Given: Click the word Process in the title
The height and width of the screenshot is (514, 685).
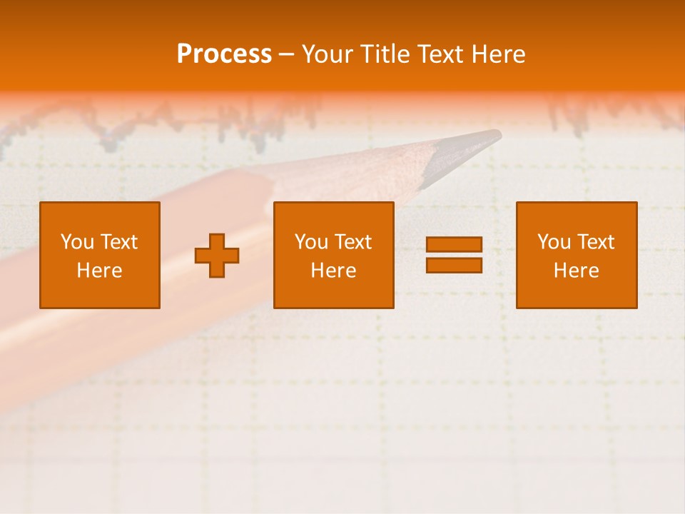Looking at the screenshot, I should [x=224, y=54].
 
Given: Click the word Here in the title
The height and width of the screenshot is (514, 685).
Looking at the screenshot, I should [x=502, y=54].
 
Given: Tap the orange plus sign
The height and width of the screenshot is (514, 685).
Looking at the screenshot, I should [x=217, y=256].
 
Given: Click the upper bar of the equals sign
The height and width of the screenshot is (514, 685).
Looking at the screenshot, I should [x=454, y=245].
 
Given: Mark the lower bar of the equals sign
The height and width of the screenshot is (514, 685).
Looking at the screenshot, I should [x=454, y=265].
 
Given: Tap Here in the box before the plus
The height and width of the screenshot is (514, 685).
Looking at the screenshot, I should [x=99, y=271].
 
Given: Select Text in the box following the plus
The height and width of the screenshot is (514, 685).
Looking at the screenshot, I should [x=353, y=242].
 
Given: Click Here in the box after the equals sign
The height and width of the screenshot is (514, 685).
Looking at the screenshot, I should [x=576, y=271].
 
